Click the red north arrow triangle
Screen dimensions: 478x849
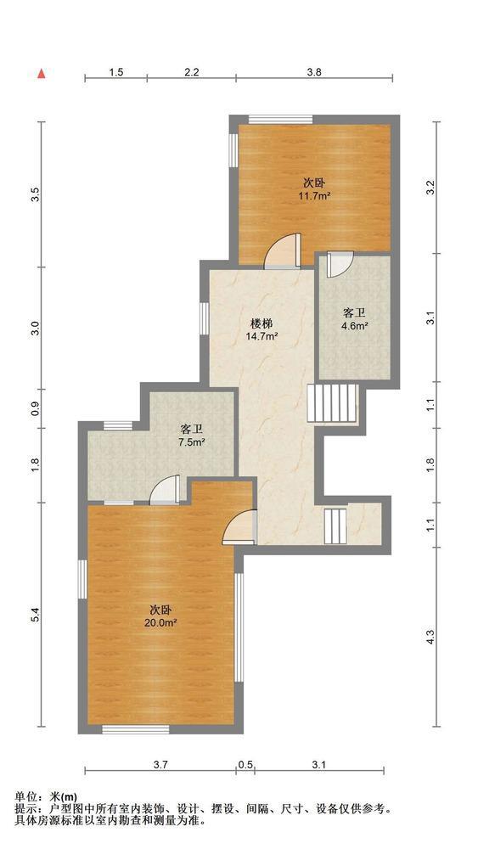pos(41,74)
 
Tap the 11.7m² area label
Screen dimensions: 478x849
pos(314,196)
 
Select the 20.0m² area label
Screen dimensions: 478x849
pos(160,623)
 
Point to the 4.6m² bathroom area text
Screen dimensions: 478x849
pos(355,326)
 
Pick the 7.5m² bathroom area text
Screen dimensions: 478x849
pos(191,441)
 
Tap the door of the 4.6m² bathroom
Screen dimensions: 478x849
pos(340,264)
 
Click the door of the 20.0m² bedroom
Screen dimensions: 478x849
pos(239,526)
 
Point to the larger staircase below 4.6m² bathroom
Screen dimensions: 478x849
pos(332,402)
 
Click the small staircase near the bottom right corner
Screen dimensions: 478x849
pos(335,526)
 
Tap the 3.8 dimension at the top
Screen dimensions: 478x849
pos(314,71)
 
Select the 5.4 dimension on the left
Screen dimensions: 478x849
pos(35,615)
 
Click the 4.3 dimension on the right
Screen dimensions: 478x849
pos(430,638)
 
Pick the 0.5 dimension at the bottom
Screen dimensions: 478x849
pos(245,765)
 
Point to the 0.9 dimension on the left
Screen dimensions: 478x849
pos(35,408)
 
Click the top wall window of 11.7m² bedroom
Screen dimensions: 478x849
pos(280,120)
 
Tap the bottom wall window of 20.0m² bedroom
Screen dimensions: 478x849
pos(135,729)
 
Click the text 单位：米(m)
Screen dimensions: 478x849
pos(46,796)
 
